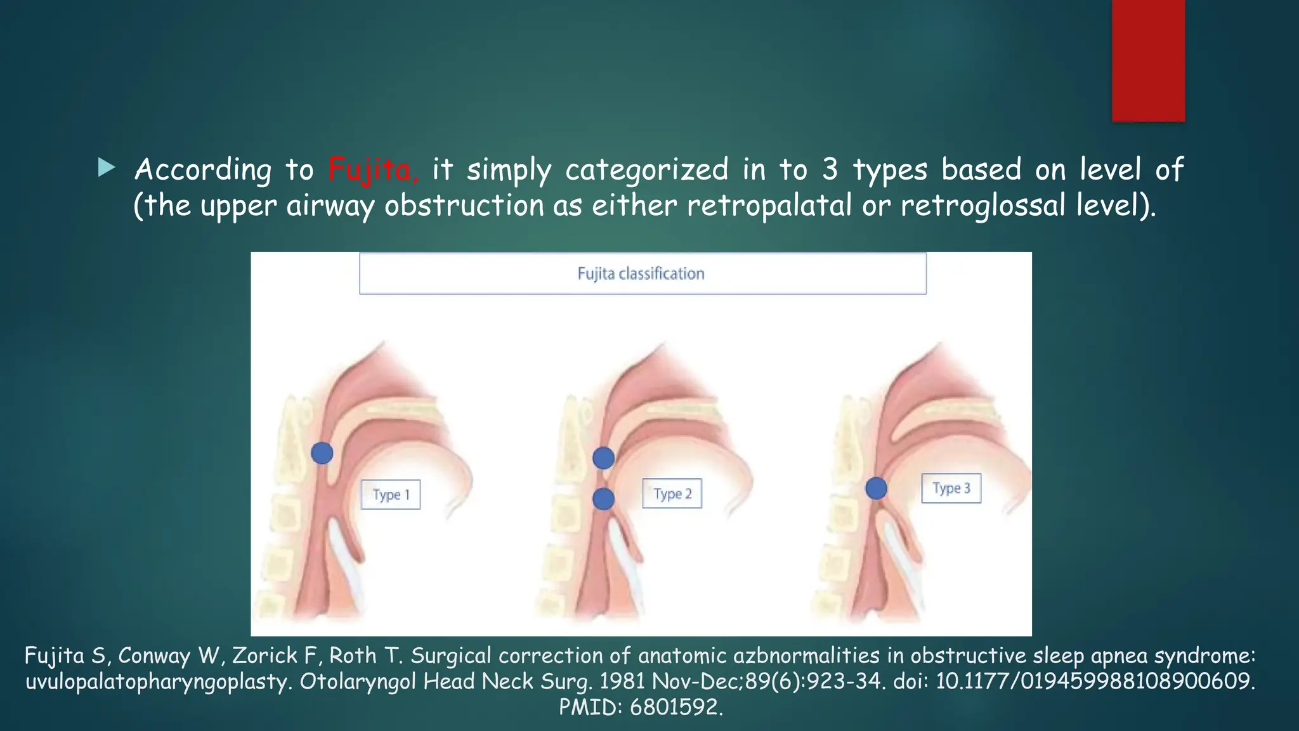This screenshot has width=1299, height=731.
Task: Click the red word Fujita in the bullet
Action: point(372,169)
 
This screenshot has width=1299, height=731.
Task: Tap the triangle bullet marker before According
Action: point(107,168)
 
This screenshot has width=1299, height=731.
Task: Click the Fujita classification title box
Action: point(642,273)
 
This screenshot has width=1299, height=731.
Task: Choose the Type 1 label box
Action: point(391,494)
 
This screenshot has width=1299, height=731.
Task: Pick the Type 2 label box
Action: point(672,494)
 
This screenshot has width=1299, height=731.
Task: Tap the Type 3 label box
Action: point(951,488)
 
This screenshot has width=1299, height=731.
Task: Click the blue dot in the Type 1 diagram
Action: point(322,453)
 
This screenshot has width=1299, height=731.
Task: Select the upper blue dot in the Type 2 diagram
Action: point(603,458)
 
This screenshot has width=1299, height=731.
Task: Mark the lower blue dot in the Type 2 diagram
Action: point(603,499)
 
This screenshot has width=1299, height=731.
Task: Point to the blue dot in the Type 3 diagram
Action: point(876,488)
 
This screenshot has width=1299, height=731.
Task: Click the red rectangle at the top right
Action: point(1148,60)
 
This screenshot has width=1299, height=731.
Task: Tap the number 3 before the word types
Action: point(830,169)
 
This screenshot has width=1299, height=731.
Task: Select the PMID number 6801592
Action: point(676,707)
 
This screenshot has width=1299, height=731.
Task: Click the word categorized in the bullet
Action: point(646,169)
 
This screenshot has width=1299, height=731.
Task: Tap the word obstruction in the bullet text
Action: point(464,206)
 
